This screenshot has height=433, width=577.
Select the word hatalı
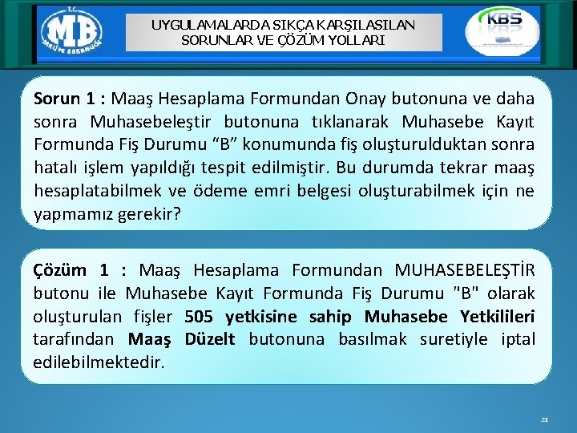[x=54, y=168]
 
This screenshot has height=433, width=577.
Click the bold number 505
[x=200, y=316]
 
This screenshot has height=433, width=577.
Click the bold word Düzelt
[x=209, y=339]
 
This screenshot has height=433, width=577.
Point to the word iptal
[x=518, y=339]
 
